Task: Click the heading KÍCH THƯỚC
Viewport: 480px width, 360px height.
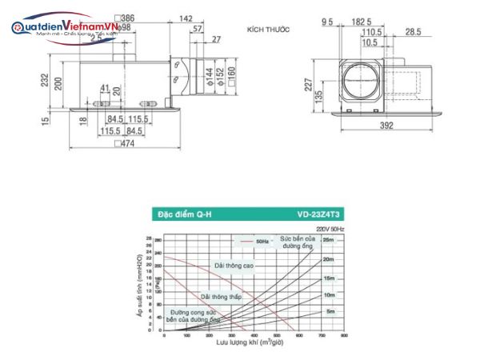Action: pos(268,29)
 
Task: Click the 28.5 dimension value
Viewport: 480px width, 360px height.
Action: pos(412,31)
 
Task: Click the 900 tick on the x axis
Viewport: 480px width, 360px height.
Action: pos(344,336)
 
